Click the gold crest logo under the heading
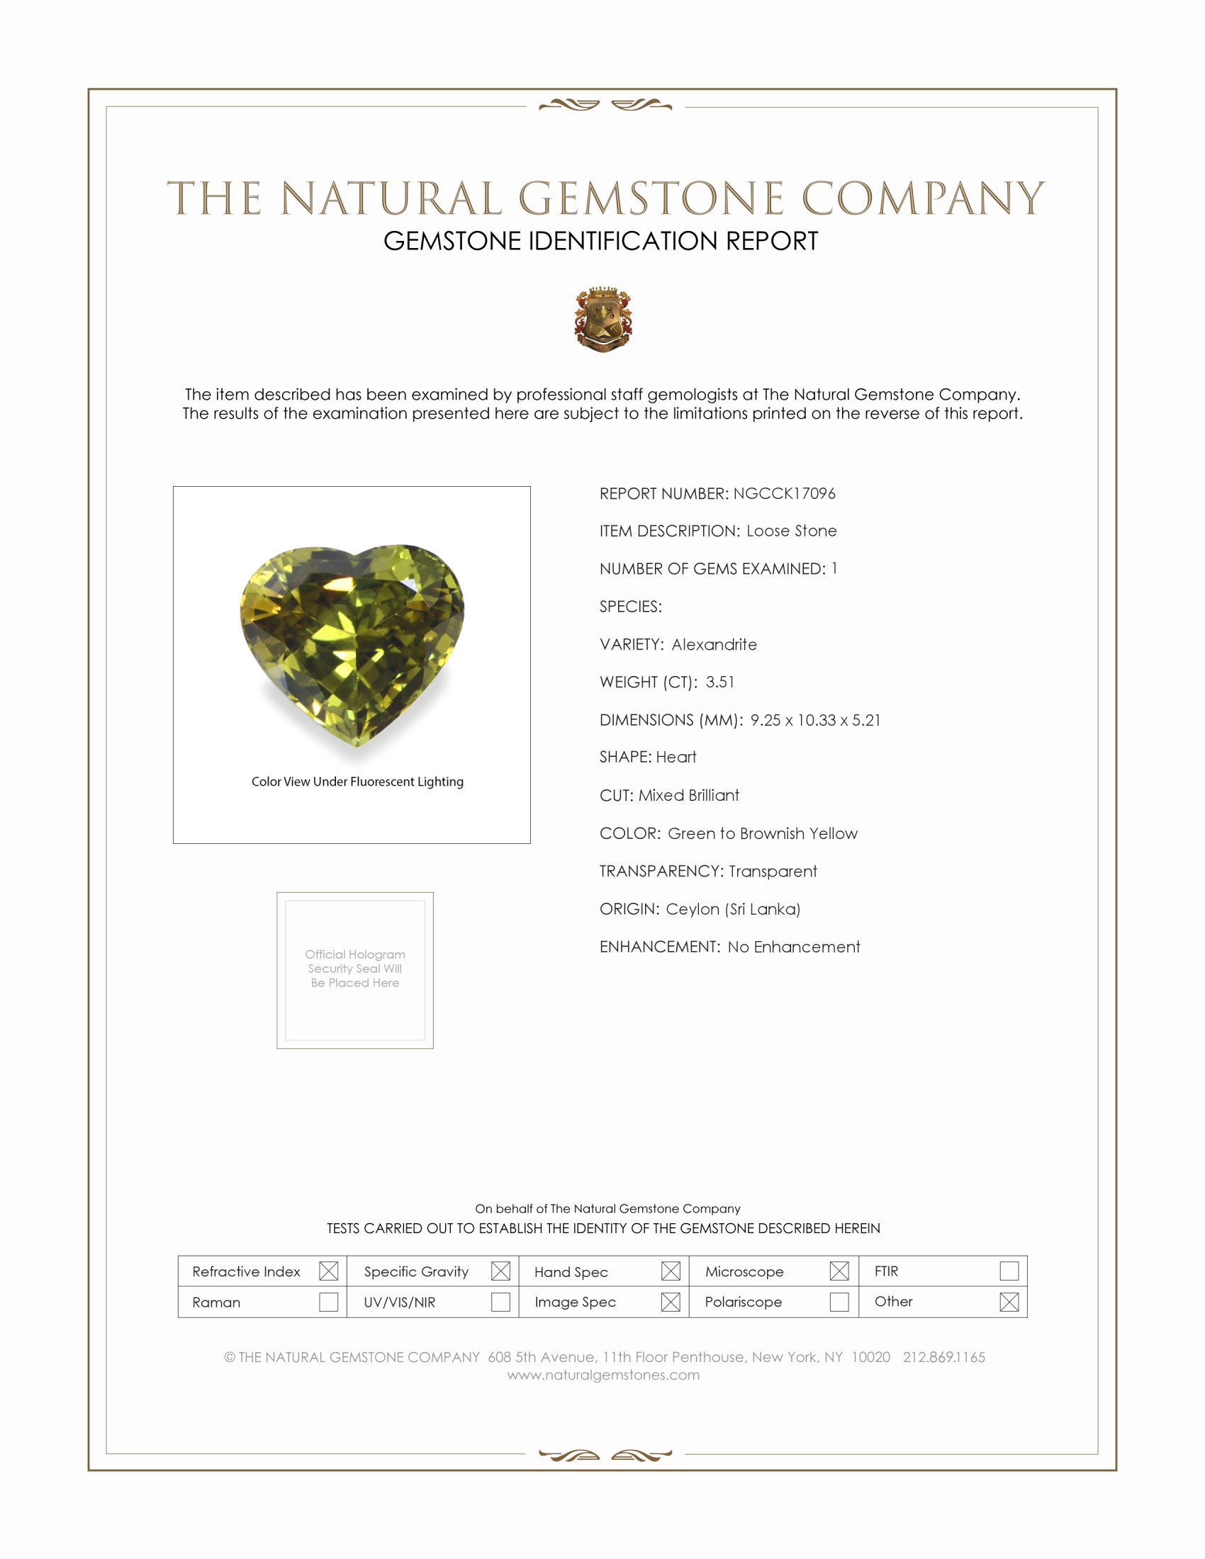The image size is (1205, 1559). (603, 319)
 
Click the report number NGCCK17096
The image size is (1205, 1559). (784, 493)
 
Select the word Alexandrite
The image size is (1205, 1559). (714, 645)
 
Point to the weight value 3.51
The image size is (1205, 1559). (719, 682)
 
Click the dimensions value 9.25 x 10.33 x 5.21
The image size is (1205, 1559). (815, 720)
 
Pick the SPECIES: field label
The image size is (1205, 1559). (630, 607)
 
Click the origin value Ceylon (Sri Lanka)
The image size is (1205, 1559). (733, 909)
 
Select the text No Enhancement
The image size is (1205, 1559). (794, 947)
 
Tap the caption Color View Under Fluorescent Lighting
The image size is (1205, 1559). (357, 782)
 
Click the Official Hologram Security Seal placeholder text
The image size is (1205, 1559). (355, 969)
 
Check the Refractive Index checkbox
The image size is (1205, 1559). (328, 1271)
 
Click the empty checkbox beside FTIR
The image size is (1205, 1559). (1009, 1271)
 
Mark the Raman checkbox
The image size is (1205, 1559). (328, 1302)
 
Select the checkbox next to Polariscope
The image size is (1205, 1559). (839, 1302)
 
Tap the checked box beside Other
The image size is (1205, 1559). (1009, 1302)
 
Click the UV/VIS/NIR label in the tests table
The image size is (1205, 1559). (400, 1302)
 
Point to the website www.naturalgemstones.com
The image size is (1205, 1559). (603, 1375)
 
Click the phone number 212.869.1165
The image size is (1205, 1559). (943, 1358)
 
